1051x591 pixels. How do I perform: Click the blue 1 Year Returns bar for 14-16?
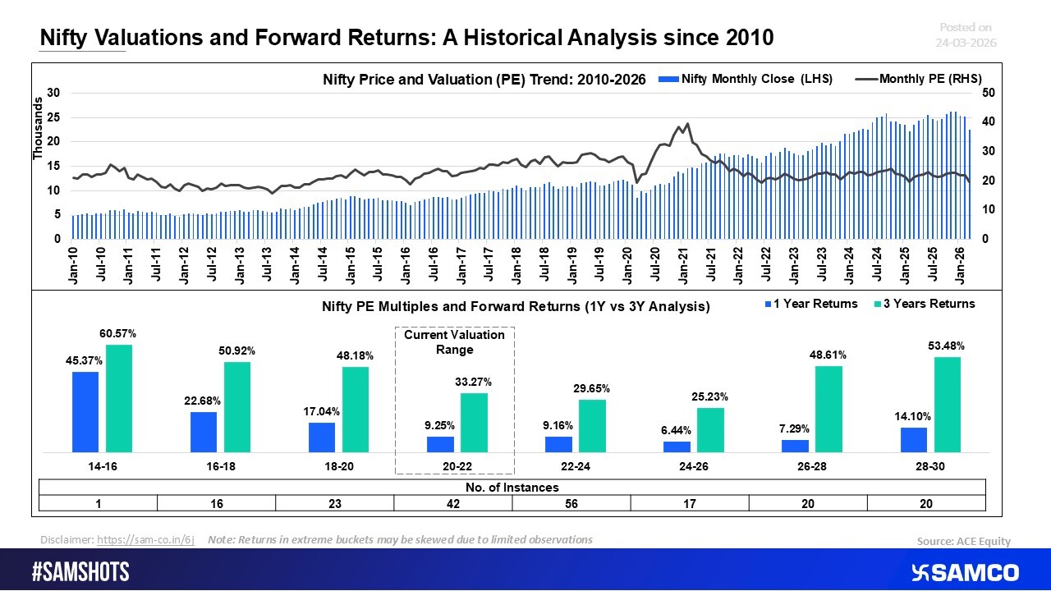[x=85, y=411]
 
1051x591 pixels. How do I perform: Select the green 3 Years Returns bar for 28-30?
[x=948, y=404]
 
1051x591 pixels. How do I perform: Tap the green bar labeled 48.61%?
[x=828, y=409]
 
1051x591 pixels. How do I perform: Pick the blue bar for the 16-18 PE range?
[x=204, y=431]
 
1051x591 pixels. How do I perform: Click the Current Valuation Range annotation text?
[x=455, y=342]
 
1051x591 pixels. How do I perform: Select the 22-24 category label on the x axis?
[x=571, y=465]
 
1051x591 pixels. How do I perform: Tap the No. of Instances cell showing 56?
[x=571, y=504]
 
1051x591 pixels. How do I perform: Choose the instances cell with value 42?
[x=453, y=504]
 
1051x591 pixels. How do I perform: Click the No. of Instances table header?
[x=512, y=488]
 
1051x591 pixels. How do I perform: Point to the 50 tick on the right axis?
[x=989, y=94]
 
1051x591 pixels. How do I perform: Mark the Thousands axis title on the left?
[x=37, y=129]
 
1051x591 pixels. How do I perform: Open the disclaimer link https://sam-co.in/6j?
[x=145, y=540]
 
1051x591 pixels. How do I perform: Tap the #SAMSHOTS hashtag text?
[x=80, y=572]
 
